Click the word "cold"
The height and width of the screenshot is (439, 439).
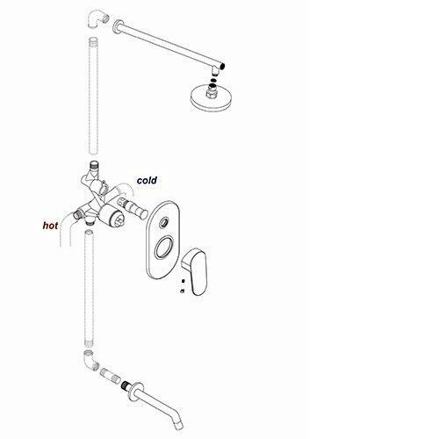click(x=147, y=180)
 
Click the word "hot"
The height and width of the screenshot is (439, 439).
click(x=50, y=226)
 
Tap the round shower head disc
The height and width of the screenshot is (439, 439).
click(x=210, y=98)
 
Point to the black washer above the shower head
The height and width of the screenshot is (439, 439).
click(x=213, y=80)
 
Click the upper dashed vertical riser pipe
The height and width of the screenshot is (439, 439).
click(x=93, y=96)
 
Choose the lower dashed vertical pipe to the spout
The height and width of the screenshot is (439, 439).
click(x=90, y=289)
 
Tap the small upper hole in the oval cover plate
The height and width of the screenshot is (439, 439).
click(x=163, y=223)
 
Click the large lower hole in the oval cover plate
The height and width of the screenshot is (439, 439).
click(x=162, y=248)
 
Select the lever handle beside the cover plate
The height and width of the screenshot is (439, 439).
click(x=195, y=271)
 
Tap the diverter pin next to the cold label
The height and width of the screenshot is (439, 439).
click(x=133, y=208)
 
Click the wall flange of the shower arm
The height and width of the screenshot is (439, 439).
click(x=117, y=26)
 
